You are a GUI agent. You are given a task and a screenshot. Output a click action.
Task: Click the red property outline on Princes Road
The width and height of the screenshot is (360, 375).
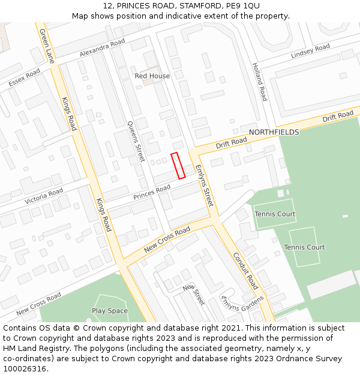pos(178,166)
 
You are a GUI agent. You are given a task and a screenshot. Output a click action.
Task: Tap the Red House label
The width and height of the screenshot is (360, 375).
pos(152,76)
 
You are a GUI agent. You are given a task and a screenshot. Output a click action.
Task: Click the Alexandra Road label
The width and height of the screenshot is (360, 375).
pos(103,49)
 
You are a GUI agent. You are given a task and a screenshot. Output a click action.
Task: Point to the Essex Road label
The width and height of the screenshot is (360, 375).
pos(24,77)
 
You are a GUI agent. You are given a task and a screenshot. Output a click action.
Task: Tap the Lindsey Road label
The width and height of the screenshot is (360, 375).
pos(310,52)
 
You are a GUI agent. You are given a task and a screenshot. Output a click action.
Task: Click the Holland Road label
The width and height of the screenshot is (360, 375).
pos(259,81)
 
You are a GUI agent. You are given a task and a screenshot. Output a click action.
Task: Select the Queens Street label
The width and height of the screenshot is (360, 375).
pos(136,142)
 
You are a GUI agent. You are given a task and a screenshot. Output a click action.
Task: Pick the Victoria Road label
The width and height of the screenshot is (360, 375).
pos(44,196)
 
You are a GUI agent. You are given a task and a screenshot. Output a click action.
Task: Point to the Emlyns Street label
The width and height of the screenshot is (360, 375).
pos(204,186)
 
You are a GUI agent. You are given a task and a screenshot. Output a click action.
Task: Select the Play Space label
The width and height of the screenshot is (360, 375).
pos(110,311)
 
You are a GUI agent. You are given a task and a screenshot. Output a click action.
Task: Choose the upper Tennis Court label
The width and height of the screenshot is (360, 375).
pos(275,214)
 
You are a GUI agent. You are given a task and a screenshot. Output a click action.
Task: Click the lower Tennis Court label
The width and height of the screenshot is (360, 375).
pos(304,247)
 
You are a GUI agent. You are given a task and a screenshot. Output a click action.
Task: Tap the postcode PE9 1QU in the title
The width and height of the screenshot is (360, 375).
pos(243,5)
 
